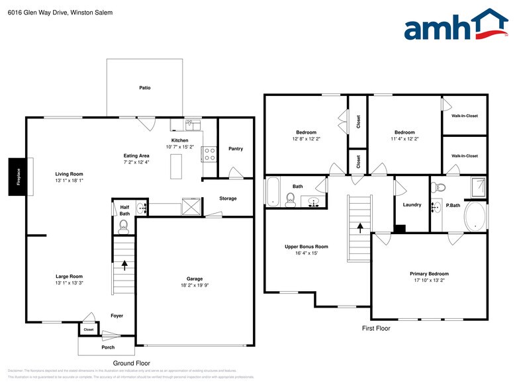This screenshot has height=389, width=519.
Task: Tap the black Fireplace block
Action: [18, 177]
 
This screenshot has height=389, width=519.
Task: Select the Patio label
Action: [144, 87]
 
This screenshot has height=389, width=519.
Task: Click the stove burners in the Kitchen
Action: [209, 154]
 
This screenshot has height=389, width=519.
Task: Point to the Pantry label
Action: [236, 149]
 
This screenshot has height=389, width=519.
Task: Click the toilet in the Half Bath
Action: [124, 227]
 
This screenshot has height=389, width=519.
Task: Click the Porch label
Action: [108, 347]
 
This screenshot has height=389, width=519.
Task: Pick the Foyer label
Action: [117, 316]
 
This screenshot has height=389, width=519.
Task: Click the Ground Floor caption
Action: [131, 363]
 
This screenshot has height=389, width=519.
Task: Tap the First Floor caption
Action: [375, 328]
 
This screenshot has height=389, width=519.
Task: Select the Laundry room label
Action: [412, 204]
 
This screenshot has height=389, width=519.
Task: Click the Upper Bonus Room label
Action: [307, 246]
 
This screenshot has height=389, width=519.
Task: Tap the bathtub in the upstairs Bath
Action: [273, 192]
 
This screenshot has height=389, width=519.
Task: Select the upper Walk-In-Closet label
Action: [465, 116]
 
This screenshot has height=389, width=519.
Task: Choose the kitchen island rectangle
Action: [176, 165]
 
